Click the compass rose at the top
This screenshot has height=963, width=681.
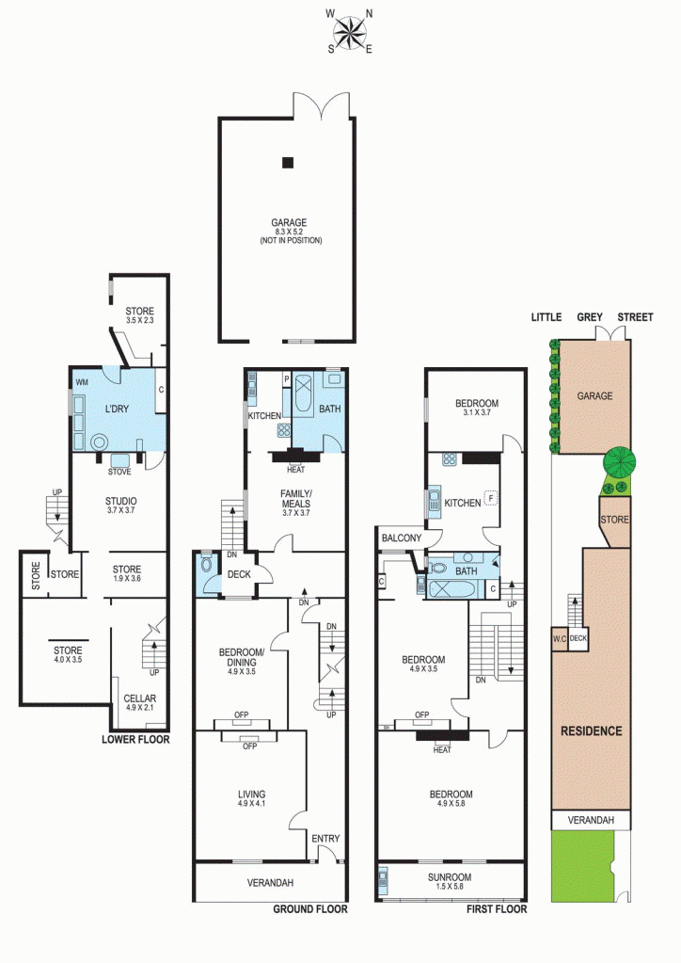coord(350,31)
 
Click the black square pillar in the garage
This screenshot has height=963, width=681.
coord(288,163)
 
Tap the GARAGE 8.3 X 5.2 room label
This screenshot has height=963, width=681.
coord(290,232)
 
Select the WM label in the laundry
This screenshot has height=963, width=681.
coord(82,382)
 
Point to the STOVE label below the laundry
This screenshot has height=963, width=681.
coord(119,472)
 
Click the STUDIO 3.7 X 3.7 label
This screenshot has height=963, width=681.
coord(120,506)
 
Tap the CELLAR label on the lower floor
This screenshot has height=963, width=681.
coord(140,698)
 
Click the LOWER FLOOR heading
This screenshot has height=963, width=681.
coord(135,740)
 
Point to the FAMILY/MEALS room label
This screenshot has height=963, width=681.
coord(296,503)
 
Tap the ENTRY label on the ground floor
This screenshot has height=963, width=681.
coord(325,839)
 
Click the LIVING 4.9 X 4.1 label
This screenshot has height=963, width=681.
coord(251,798)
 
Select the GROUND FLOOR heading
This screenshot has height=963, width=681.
coord(310,909)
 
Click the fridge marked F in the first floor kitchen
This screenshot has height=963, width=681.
coord(490,498)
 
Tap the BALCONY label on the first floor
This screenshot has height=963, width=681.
coord(402,538)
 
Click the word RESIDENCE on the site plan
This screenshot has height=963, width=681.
coord(592,730)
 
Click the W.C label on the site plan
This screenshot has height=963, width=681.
coord(560,639)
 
